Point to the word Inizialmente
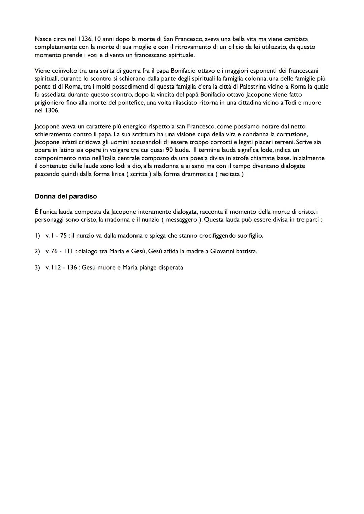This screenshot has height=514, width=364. pyautogui.click(x=309, y=158)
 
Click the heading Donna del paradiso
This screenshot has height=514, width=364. pyautogui.click(x=66, y=196)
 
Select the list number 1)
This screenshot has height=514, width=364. pyautogui.click(x=37, y=236)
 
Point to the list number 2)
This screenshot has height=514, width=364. pyautogui.click(x=37, y=251)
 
